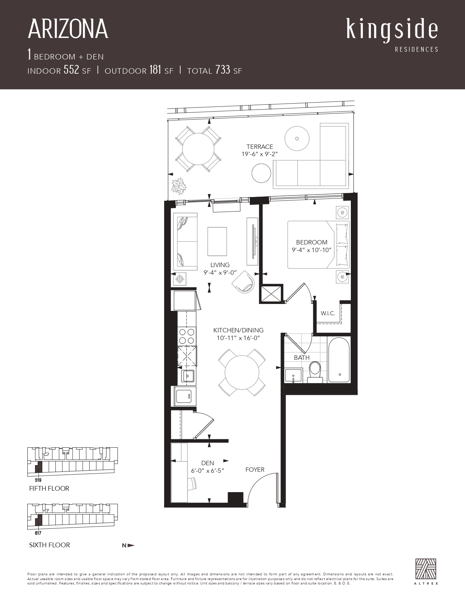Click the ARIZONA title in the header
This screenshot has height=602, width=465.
68,29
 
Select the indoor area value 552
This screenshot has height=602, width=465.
71,70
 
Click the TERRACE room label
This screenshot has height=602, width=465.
260,147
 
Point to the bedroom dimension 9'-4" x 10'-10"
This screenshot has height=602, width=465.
311,250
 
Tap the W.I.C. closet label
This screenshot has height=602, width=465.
328,313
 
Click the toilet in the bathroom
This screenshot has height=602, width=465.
315,372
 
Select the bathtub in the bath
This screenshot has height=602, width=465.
339,360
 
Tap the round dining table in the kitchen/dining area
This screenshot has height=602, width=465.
242,373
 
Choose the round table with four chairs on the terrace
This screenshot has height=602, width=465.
198,149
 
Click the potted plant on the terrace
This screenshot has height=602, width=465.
179,186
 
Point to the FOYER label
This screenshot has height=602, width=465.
255,470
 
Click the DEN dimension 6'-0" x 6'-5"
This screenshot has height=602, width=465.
208,471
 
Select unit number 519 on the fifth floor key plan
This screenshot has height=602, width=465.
38,480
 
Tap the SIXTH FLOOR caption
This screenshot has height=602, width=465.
50,545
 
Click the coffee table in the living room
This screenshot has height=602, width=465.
217,241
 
